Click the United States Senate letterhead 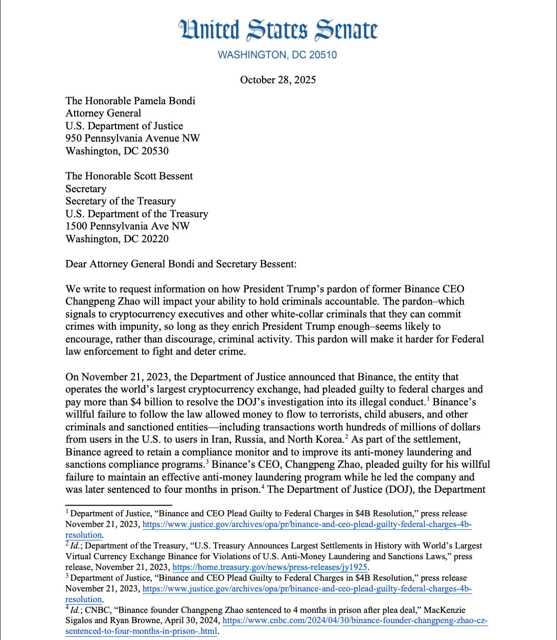pos(278,30)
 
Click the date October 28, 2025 pos(278,80)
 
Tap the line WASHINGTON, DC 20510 pos(277,55)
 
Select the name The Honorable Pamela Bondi pos(130,101)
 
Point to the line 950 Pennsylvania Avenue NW pos(132,138)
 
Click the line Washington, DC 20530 pos(117,151)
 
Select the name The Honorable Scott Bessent pos(129,176)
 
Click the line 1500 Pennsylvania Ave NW pos(127,226)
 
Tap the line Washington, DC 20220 pos(117,239)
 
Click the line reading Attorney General pos(103,113)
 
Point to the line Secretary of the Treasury pos(121,201)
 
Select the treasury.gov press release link pos(270,567)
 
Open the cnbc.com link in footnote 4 pos(355,621)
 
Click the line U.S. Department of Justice pos(124,126)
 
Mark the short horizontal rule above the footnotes pos(97,505)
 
